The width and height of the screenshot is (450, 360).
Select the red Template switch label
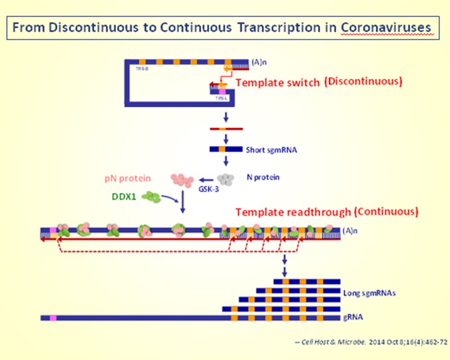[278, 83]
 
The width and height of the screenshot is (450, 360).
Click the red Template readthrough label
[294, 211]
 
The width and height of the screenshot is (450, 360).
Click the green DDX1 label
[124, 197]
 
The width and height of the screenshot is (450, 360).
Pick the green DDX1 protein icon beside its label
[153, 197]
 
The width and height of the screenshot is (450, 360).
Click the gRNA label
[353, 317]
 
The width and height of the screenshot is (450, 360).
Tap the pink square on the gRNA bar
[53, 318]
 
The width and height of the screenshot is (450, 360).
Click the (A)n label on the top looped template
[258, 63]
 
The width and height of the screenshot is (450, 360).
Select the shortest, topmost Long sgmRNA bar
[306, 281]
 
